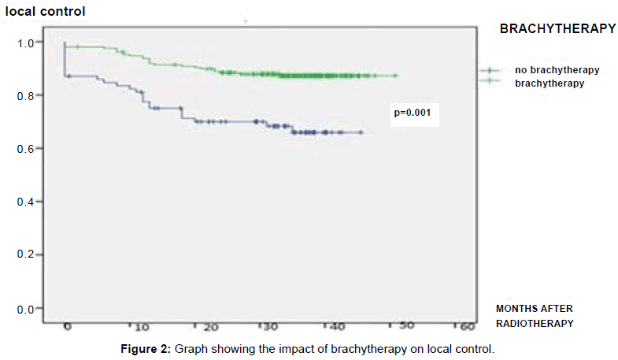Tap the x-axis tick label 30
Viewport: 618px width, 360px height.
point(272,326)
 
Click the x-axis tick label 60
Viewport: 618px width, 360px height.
point(468,325)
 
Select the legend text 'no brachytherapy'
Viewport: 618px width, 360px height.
point(557,70)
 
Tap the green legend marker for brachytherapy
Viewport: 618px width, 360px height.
point(490,81)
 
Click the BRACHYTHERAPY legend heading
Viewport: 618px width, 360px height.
point(557,28)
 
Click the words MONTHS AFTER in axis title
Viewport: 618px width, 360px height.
point(533,307)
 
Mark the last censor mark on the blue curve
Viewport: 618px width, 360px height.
point(361,132)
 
